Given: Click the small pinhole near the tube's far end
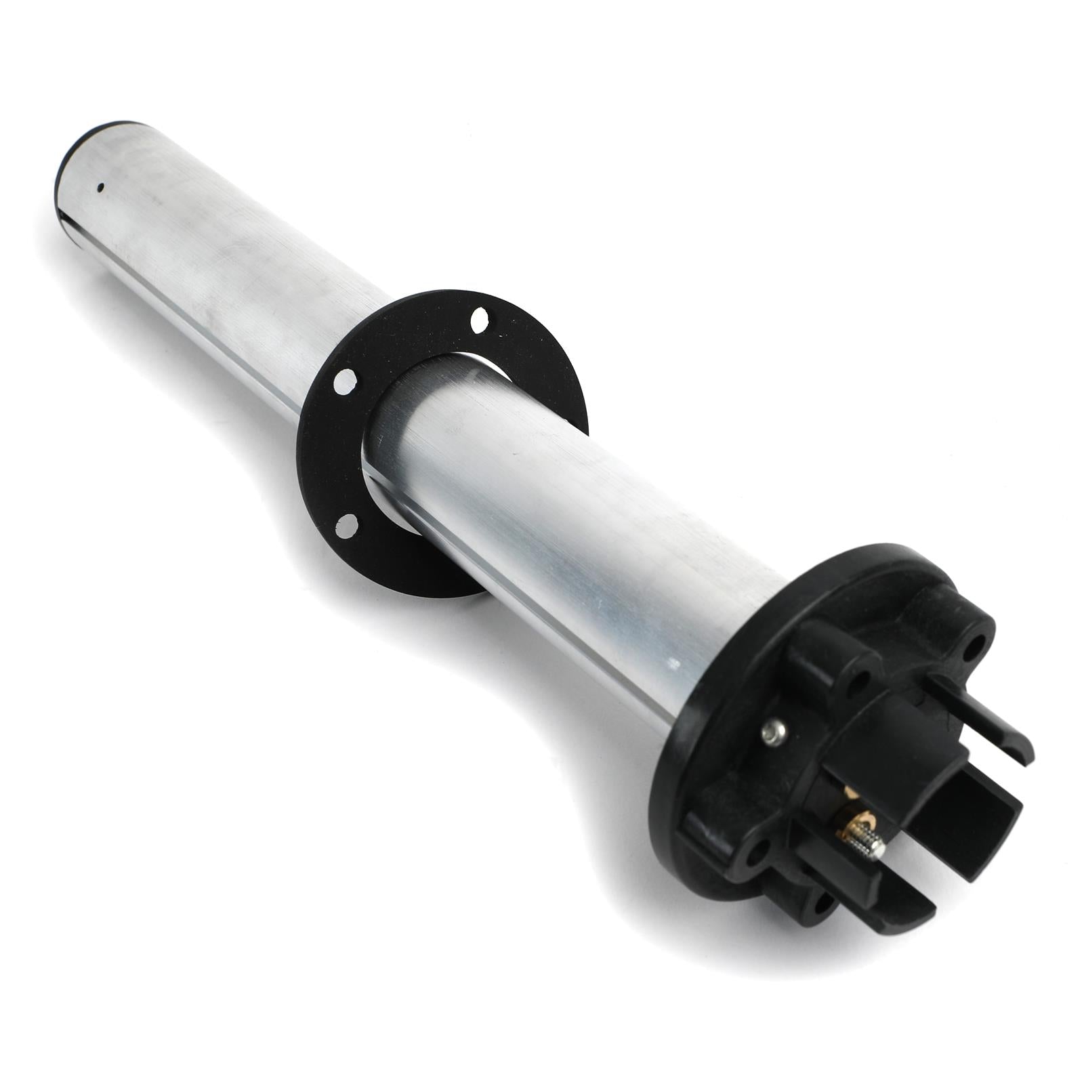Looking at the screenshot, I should [100, 187].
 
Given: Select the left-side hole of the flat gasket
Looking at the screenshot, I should [345, 380].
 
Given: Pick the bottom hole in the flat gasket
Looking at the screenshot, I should [348, 523].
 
